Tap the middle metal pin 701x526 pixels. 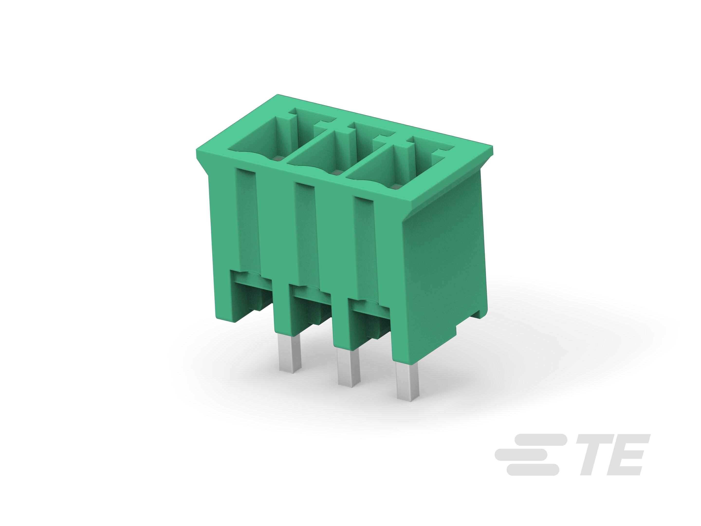349,368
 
